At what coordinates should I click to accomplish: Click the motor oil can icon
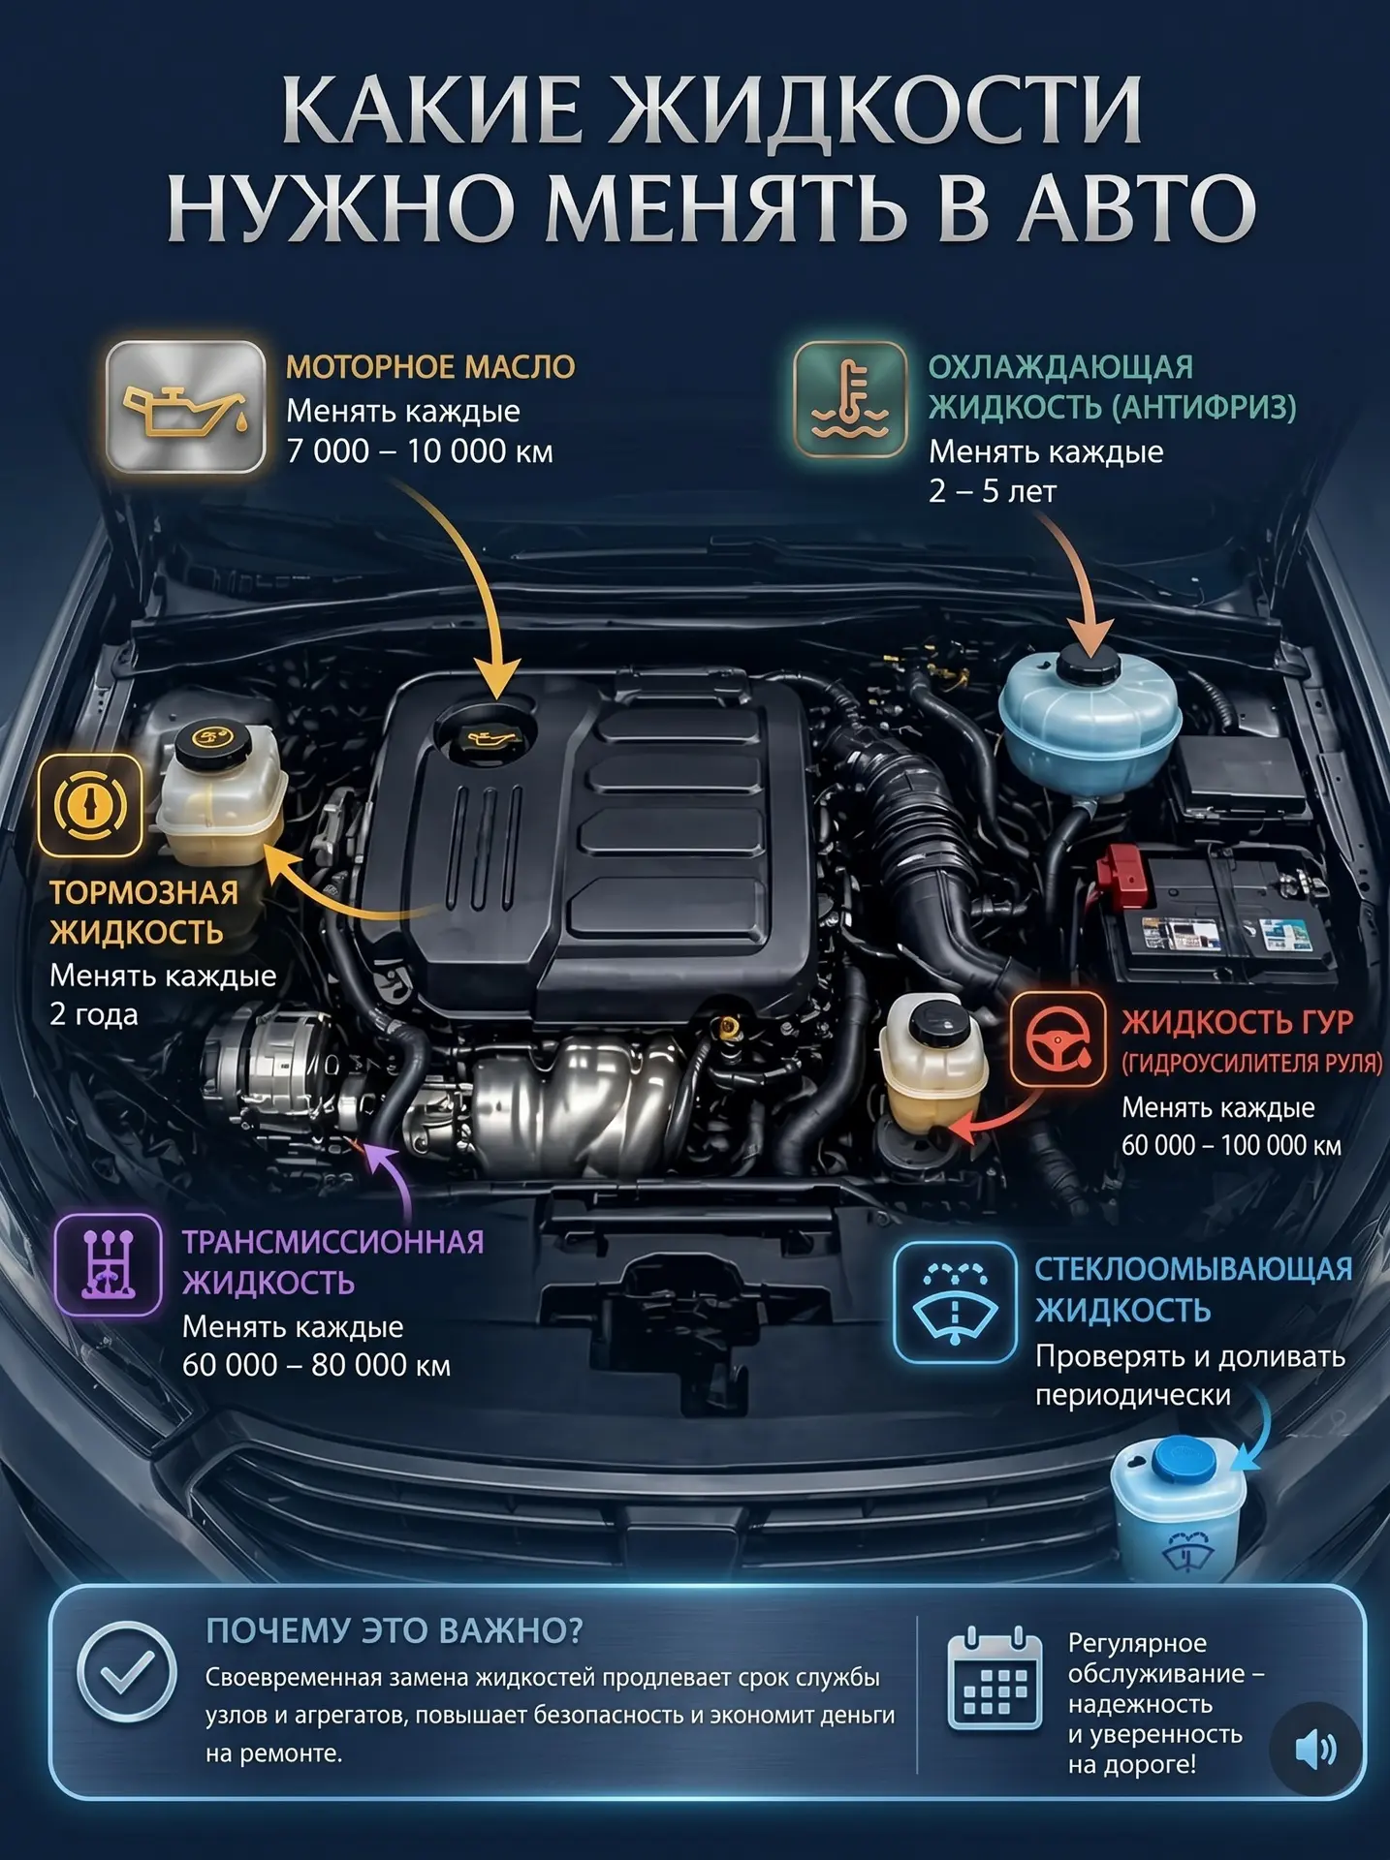tap(185, 407)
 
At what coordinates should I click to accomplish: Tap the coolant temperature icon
tap(850, 399)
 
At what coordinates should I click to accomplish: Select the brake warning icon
tap(89, 806)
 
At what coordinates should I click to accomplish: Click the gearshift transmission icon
tap(108, 1264)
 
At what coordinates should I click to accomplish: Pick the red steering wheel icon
tap(1058, 1041)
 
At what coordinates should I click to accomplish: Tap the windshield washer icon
tap(955, 1303)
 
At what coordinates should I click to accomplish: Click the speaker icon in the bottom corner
tap(1315, 1749)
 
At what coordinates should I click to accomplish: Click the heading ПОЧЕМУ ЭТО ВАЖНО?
tap(395, 1631)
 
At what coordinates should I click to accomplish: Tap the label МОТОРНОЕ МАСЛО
tap(430, 367)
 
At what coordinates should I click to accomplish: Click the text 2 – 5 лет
tap(993, 491)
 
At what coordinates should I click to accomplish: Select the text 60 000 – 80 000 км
tap(317, 1365)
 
